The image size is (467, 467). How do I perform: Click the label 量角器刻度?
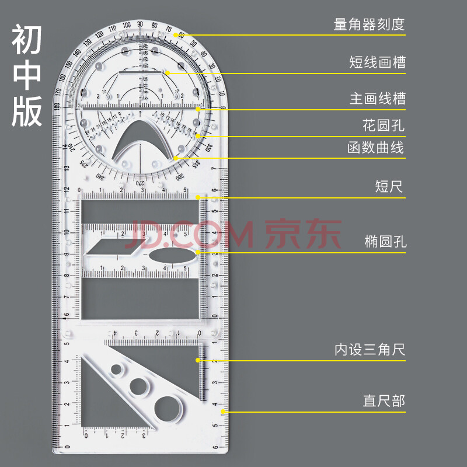pos(369,25)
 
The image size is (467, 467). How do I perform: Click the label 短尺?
pos(389,187)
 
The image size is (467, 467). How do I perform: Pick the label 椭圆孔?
pos(384,241)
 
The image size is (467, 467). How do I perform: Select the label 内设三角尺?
pos(370,350)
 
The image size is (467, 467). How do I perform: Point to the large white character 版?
pos(27,111)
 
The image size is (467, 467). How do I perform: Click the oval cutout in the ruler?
pos(167,255)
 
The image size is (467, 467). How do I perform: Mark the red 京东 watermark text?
pos(304,233)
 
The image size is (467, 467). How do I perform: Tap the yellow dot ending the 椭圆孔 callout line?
pos(198,252)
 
